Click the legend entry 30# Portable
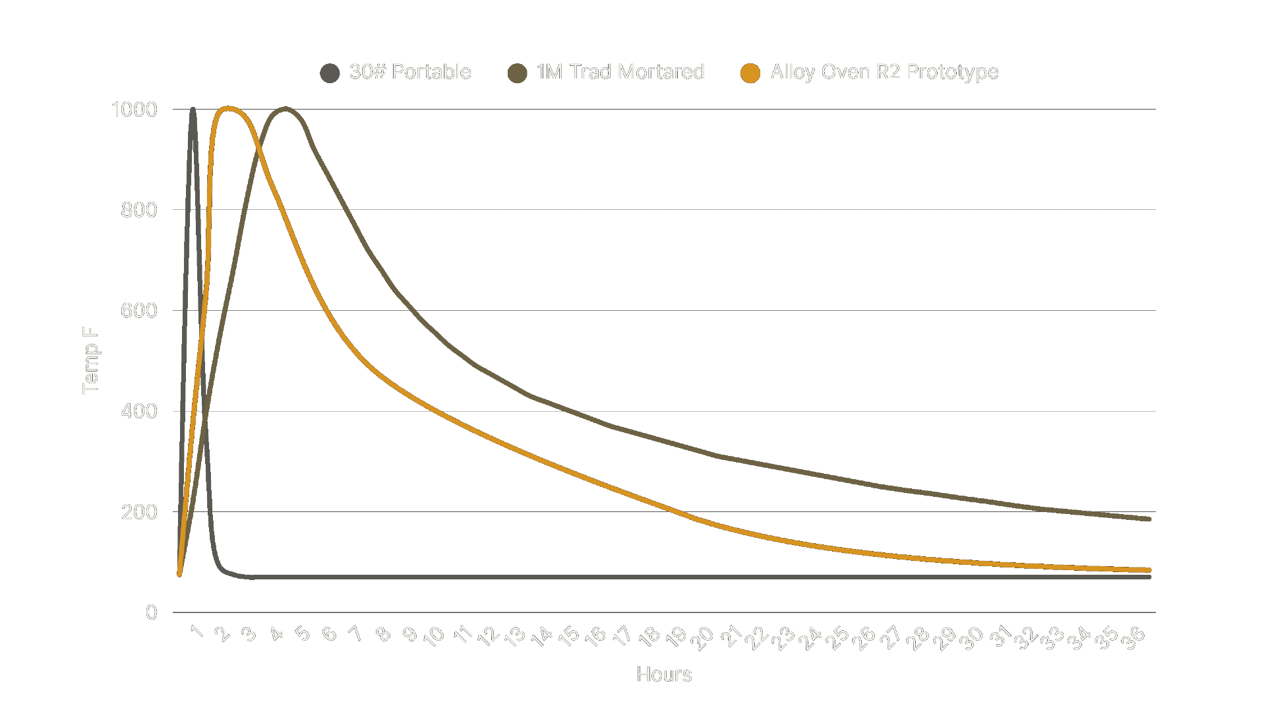tap(409, 72)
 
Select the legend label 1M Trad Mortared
tap(620, 72)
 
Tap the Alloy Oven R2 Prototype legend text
tap(884, 72)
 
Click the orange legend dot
tap(750, 73)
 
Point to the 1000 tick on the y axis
tap(135, 110)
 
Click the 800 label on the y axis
tap(138, 210)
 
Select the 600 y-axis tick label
tap(138, 311)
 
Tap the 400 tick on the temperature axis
tap(138, 411)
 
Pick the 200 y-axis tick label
tap(138, 512)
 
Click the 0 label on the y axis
tap(151, 612)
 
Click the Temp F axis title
tap(90, 360)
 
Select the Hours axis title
tap(664, 674)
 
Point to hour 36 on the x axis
tap(1133, 638)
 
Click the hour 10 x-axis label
tap(434, 636)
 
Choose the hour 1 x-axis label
tap(196, 631)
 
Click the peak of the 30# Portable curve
tap(193, 110)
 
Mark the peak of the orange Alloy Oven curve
tap(227, 108)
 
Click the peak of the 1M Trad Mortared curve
tap(284, 108)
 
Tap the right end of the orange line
tap(1149, 570)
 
